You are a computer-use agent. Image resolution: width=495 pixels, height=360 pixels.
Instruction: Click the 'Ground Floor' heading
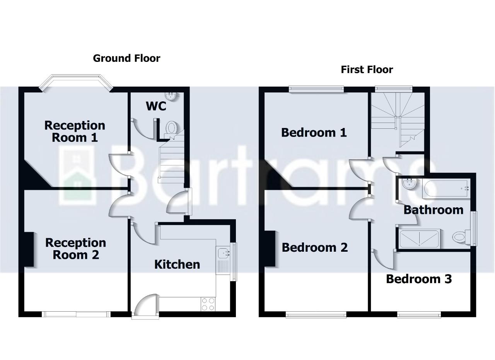126,58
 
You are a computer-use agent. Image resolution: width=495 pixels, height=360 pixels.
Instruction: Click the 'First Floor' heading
367,70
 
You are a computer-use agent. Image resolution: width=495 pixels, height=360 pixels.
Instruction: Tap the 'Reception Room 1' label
74,131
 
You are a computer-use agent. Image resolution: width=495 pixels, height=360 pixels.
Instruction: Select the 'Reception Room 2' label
75,249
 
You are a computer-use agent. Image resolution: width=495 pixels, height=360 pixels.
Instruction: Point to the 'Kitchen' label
177,264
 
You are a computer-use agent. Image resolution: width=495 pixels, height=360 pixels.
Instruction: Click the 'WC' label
156,106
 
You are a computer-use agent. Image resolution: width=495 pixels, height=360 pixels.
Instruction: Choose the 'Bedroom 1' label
314,133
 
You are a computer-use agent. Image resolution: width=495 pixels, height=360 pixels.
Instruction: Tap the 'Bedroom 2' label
314,247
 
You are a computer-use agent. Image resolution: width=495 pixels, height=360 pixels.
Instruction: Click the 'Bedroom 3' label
418,279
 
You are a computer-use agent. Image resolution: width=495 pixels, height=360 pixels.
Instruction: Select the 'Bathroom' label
433,210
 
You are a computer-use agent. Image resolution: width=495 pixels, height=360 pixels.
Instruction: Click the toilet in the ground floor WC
171,127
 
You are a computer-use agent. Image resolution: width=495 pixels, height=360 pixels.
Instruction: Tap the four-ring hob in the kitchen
208,304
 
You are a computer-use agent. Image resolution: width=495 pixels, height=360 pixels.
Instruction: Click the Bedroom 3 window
419,315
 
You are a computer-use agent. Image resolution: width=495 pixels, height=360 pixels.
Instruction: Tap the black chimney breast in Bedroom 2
270,249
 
